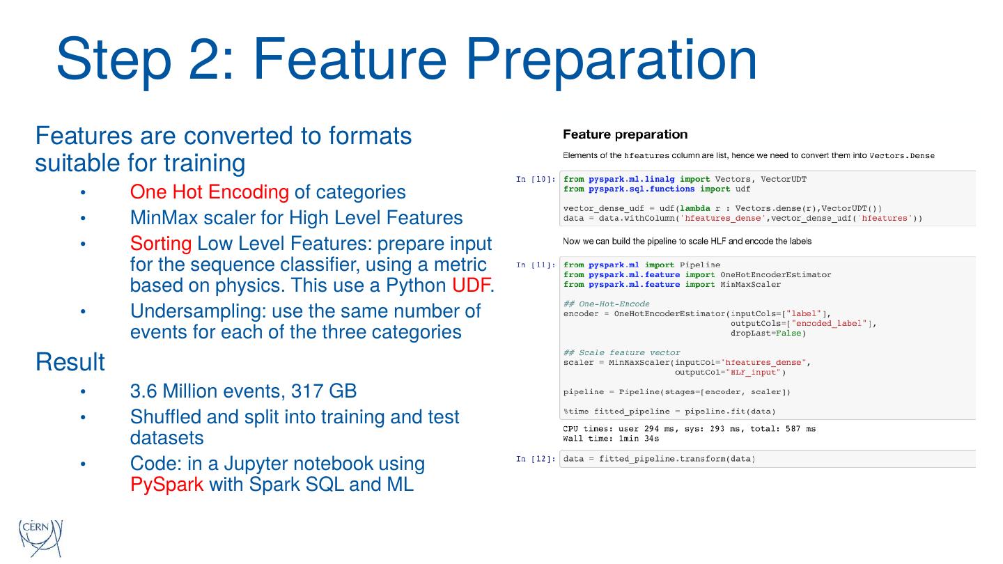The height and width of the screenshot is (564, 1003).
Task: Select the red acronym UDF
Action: (472, 285)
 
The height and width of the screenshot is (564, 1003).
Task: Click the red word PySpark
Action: (166, 484)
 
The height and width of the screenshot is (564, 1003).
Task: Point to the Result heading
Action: (70, 362)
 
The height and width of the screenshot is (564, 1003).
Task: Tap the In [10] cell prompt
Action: (535, 180)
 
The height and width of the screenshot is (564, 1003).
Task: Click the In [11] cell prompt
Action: (535, 265)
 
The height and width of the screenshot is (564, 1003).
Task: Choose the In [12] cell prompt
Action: (535, 459)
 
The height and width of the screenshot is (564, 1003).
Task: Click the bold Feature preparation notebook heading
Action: (625, 134)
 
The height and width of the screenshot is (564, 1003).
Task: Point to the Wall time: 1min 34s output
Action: (611, 439)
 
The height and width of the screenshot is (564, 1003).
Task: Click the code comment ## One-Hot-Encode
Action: (606, 304)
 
